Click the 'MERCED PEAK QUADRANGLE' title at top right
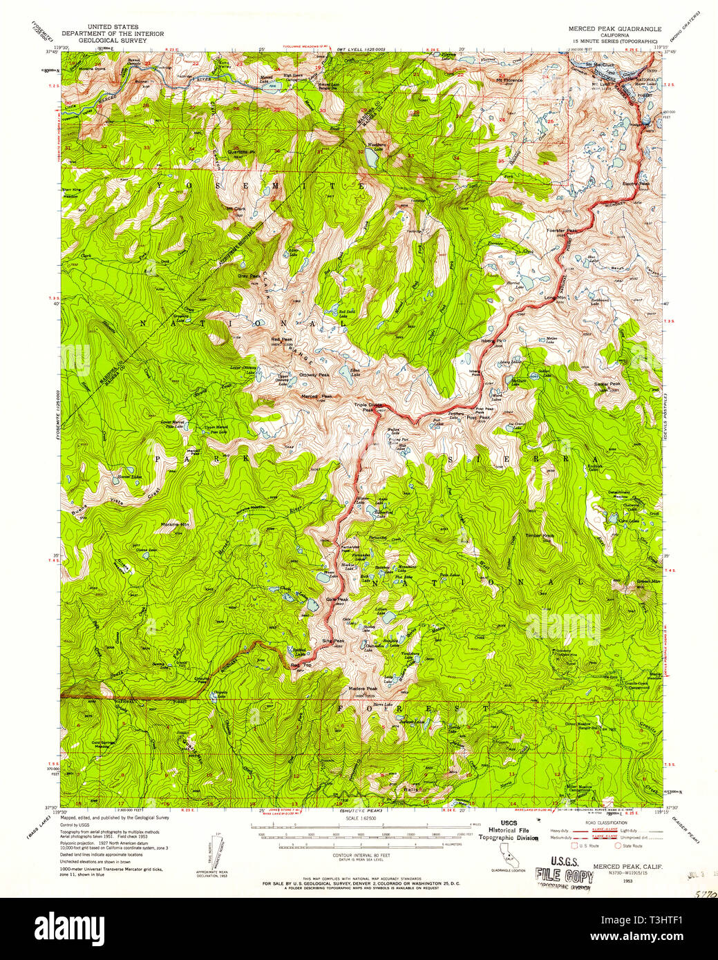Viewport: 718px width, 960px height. pyautogui.click(x=614, y=30)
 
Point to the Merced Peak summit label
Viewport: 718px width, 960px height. pyautogui.click(x=317, y=396)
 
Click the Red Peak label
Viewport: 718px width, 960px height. pyautogui.click(x=282, y=339)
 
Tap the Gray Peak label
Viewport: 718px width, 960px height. pyautogui.click(x=248, y=276)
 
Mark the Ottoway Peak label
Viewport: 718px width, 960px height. pyautogui.click(x=314, y=375)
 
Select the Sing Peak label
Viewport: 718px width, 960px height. pyautogui.click(x=332, y=641)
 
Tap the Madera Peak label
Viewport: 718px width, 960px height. pyautogui.click(x=362, y=689)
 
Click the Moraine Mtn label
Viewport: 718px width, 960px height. pyautogui.click(x=175, y=524)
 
